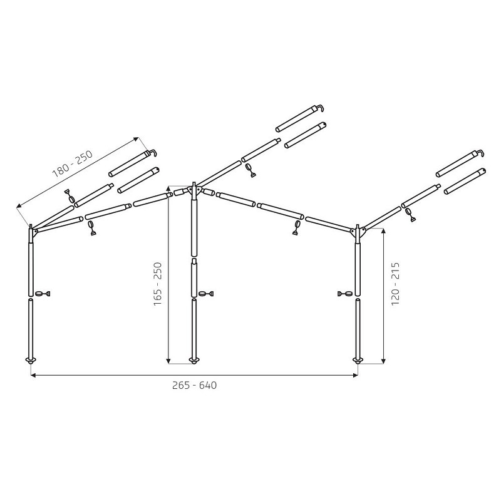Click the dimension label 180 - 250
coord(73,163)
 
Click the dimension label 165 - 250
coord(158,284)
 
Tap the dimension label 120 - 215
coord(395,284)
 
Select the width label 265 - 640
coord(194,385)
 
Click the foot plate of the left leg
coord(31,361)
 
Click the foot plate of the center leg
coord(194,361)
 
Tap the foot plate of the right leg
coord(358,361)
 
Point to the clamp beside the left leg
coord(43,293)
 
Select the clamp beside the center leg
coord(206,293)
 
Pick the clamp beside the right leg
coord(346,293)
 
